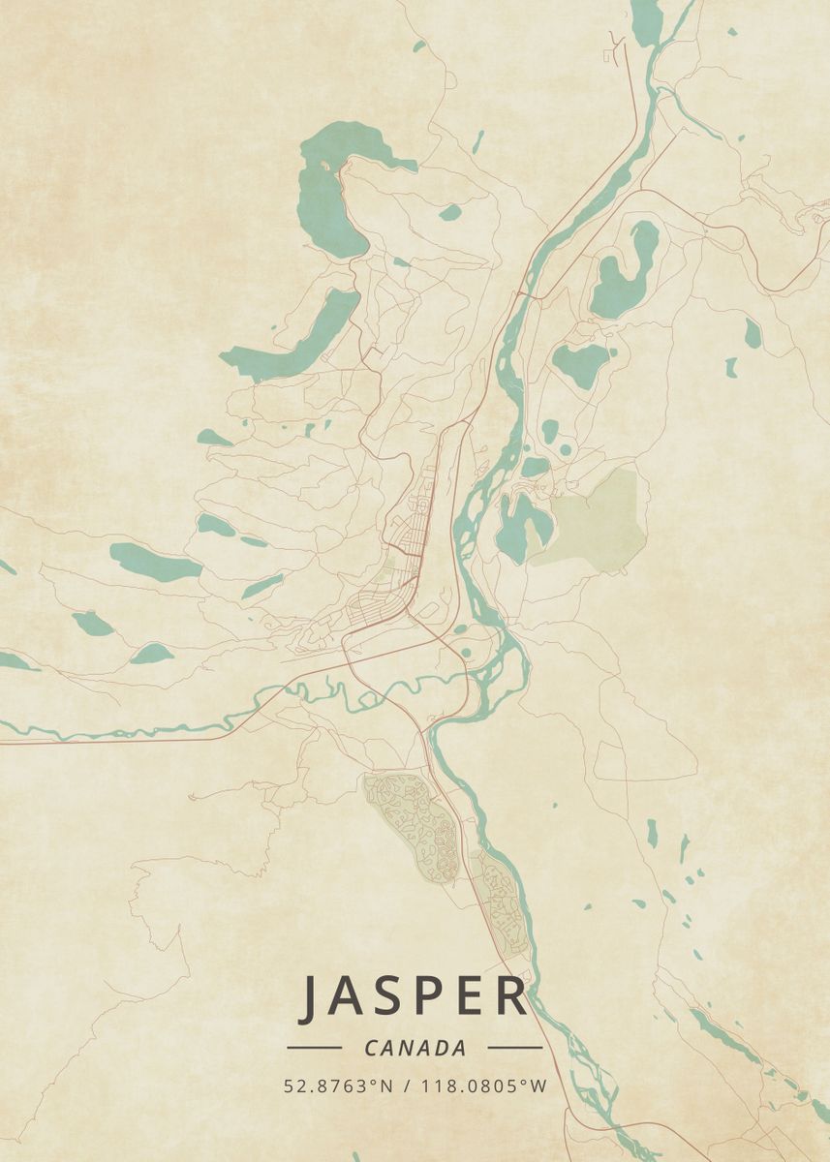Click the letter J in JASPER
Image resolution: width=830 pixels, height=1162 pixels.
point(311,997)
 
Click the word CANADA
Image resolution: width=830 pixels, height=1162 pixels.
point(415,1048)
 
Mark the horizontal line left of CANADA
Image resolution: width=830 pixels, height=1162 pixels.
point(314,1048)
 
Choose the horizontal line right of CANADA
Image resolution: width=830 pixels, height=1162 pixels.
point(514,1048)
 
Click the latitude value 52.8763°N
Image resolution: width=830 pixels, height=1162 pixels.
point(338,1086)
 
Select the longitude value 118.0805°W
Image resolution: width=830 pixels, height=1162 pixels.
point(483,1086)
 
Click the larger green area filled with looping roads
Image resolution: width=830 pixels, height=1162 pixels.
point(412,823)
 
